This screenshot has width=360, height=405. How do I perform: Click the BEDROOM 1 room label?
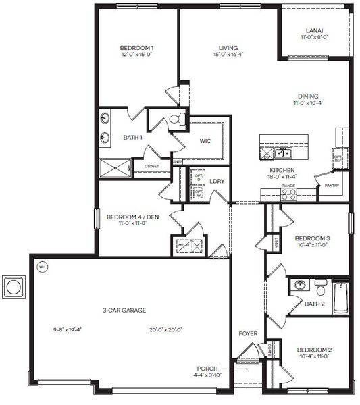click(x=137, y=47)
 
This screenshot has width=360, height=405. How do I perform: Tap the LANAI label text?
click(x=314, y=30)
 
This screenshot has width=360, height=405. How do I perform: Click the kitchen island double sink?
click(x=284, y=152)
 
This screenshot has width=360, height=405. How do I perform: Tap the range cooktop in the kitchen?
click(x=288, y=194)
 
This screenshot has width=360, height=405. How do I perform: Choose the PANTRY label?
click(x=331, y=185)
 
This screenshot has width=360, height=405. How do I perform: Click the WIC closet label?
click(x=206, y=142)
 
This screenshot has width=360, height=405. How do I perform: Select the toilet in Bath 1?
click(x=176, y=120)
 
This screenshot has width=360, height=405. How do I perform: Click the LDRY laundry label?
click(x=217, y=181)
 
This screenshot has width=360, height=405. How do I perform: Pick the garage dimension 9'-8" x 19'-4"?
click(x=67, y=330)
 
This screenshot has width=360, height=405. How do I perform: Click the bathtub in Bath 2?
click(x=340, y=296)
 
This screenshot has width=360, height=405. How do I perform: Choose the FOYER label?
click(x=248, y=333)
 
